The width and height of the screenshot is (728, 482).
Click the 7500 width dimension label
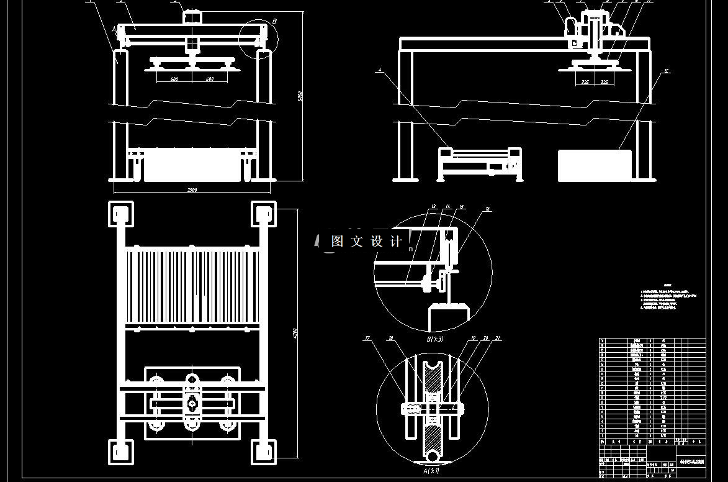click(191, 190)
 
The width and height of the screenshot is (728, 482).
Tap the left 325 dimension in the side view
click(585, 81)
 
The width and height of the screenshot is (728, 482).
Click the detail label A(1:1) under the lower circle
click(431, 471)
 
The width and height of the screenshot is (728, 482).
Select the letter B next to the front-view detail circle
click(274, 21)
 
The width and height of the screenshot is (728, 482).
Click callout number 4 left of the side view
click(379, 70)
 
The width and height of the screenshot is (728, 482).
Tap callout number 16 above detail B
click(488, 209)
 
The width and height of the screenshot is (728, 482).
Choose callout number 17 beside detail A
click(367, 339)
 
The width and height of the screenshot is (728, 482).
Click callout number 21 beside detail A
click(498, 339)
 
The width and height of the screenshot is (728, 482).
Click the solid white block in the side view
click(594, 166)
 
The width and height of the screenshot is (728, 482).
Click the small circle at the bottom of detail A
click(432, 457)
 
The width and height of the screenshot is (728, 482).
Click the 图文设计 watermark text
click(367, 241)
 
